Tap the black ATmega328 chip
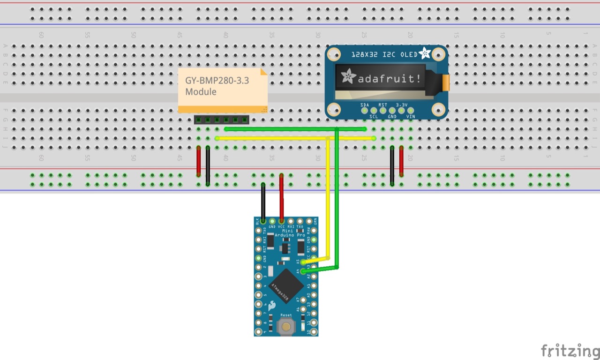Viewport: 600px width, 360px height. coord(285,285)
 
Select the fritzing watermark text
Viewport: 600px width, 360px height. coord(570,351)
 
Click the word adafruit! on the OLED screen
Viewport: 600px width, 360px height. coord(389,79)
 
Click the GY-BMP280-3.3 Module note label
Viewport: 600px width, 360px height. coord(217,86)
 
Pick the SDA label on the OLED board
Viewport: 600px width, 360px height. coord(365,105)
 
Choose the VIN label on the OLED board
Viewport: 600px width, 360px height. coord(411,116)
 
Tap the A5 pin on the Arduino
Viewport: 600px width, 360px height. coord(303,262)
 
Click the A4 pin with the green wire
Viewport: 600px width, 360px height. coord(303,271)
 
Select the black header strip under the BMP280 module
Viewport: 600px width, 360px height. coord(221,120)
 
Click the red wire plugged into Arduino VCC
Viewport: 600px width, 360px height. coord(281,197)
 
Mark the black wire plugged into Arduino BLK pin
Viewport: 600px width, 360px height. coord(263,202)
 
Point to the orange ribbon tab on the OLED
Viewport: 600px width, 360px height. coord(446,82)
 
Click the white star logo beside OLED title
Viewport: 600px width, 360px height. coord(425,53)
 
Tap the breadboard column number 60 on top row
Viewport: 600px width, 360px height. coord(41,35)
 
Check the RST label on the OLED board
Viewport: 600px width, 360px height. coord(383,105)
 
